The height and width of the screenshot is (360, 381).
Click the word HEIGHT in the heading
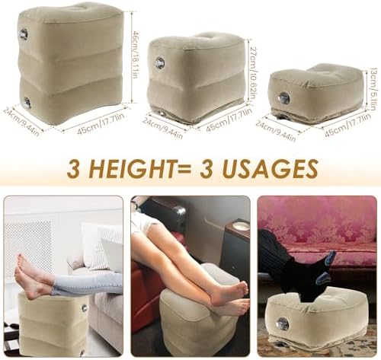pyautogui.click(x=137, y=168)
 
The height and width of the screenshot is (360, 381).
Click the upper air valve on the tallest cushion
pyautogui.click(x=24, y=34)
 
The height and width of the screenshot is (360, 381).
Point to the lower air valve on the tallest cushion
pyautogui.click(x=27, y=101)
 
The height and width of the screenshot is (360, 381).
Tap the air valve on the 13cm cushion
pyautogui.click(x=283, y=97)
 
